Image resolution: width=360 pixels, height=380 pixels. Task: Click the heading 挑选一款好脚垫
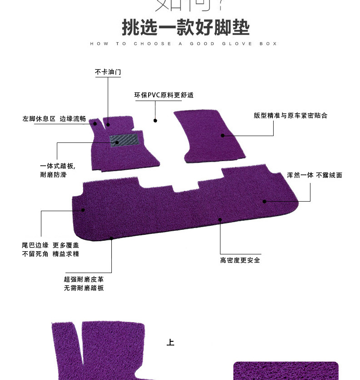pyautogui.click(x=185, y=27)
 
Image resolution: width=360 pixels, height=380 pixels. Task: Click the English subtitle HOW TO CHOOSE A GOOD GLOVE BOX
pyautogui.click(x=184, y=44)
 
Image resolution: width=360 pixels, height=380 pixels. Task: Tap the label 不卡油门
pyautogui.click(x=108, y=72)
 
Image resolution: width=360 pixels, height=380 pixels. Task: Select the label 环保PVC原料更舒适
pyautogui.click(x=164, y=95)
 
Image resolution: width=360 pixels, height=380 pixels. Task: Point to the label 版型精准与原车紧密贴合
pyautogui.click(x=290, y=116)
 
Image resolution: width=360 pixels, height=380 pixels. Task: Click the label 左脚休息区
pyautogui.click(x=39, y=119)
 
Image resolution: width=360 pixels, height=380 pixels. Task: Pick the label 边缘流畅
pyautogui.click(x=73, y=119)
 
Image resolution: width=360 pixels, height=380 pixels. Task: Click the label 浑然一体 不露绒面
pyautogui.click(x=315, y=175)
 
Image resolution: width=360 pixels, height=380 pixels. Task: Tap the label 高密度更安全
pyautogui.click(x=240, y=260)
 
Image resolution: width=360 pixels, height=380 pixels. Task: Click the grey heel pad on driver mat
pyautogui.click(x=123, y=140)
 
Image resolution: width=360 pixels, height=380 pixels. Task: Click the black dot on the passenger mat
pyautogui.click(x=223, y=135)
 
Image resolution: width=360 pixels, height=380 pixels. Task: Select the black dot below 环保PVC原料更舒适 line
pyautogui.click(x=155, y=121)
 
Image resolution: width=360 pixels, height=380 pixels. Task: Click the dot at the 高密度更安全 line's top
pyautogui.click(x=220, y=220)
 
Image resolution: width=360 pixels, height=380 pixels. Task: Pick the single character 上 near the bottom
pyautogui.click(x=170, y=342)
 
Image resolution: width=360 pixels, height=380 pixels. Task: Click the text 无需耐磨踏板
pyautogui.click(x=84, y=288)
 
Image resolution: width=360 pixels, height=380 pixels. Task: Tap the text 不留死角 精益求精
pyautogui.click(x=50, y=254)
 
